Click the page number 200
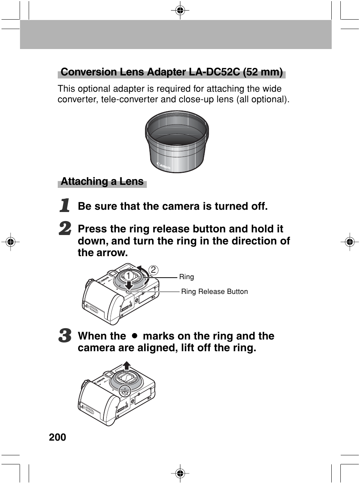point(57,437)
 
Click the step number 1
point(65,206)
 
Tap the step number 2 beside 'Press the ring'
point(65,229)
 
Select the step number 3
point(65,335)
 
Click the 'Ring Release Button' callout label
point(214,292)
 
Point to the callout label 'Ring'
point(186,277)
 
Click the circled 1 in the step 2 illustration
point(128,275)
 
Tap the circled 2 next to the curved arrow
point(153,270)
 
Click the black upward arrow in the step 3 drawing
point(127,365)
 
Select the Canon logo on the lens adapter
point(163,166)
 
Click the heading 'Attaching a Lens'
point(102,182)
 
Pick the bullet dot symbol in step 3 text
point(134,336)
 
